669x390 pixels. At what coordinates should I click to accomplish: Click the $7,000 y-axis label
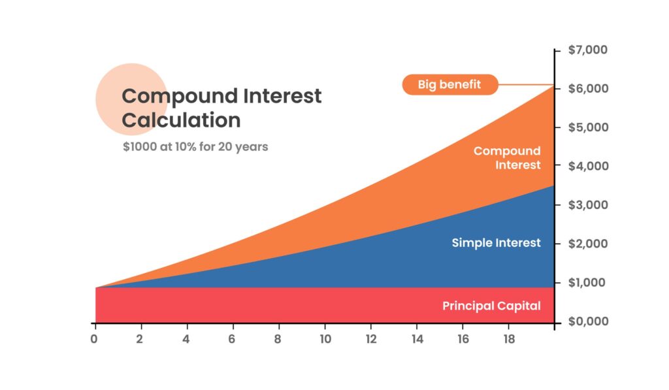tap(587, 50)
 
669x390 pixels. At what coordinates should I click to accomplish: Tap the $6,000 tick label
tap(589, 88)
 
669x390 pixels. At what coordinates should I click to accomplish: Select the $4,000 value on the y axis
tap(589, 166)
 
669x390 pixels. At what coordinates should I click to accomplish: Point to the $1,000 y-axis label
tap(587, 282)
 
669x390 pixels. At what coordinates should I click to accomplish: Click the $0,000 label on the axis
tap(589, 321)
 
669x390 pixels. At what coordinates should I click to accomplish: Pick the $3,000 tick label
tap(589, 205)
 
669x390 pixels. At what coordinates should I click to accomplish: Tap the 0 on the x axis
tap(94, 339)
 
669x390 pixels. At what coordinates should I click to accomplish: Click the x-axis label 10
tap(325, 339)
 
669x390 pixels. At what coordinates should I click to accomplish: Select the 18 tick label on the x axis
tap(509, 339)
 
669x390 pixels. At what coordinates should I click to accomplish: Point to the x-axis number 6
tap(232, 339)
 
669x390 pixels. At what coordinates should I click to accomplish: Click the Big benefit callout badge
tap(450, 84)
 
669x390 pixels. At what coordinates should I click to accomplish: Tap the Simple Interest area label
tap(497, 243)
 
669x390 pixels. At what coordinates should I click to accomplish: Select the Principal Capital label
tap(491, 306)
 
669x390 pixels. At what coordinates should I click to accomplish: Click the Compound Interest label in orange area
tap(507, 158)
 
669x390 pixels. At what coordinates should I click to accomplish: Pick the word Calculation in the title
tap(182, 120)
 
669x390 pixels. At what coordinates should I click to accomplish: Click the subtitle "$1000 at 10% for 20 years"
tap(195, 147)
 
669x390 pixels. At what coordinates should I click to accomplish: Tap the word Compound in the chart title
tap(180, 97)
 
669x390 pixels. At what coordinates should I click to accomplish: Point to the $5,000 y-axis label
tap(589, 127)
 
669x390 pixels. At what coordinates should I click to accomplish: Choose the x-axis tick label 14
tap(417, 339)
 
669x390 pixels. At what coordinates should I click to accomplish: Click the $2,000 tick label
tap(589, 244)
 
